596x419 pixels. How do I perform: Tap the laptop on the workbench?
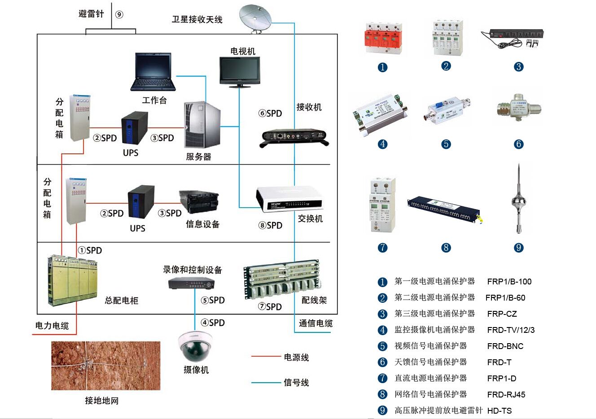pyautogui.click(x=153, y=72)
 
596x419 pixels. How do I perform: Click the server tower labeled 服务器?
pyautogui.click(x=202, y=125)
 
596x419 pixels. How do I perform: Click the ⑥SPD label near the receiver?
pyautogui.click(x=270, y=113)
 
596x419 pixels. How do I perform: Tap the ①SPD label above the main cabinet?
pyautogui.click(x=90, y=250)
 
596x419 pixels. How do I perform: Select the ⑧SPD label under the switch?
pyautogui.click(x=270, y=225)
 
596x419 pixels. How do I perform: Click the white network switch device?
pyautogui.click(x=289, y=199)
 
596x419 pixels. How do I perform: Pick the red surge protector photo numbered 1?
pyautogui.click(x=382, y=39)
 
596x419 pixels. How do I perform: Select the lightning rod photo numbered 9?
pyautogui.click(x=518, y=200)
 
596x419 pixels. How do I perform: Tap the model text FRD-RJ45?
pyautogui.click(x=506, y=395)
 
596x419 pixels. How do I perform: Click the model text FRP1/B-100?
pyautogui.click(x=509, y=282)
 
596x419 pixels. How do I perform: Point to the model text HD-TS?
pyautogui.click(x=500, y=411)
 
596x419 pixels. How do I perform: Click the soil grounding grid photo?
pyautogui.click(x=105, y=366)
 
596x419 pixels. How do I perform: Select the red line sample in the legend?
pyautogui.click(x=266, y=357)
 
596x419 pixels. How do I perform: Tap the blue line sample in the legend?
pyautogui.click(x=266, y=383)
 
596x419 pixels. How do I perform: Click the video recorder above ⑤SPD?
pyautogui.click(x=191, y=283)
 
